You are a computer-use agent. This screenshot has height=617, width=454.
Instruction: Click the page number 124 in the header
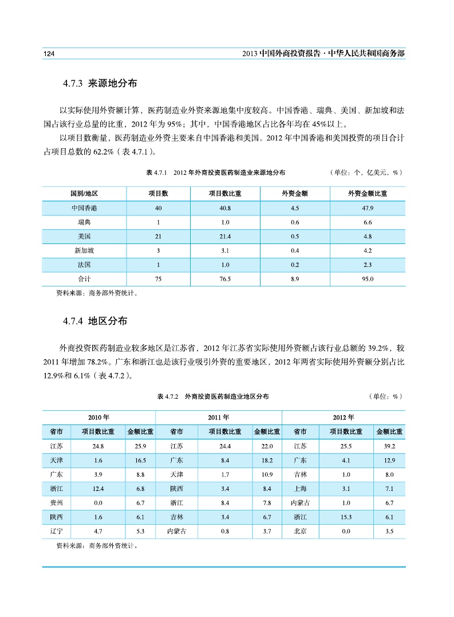coord(49,53)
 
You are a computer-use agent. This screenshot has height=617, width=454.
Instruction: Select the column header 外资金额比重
coord(368,193)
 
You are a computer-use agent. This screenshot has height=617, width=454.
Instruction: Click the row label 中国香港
coord(84,207)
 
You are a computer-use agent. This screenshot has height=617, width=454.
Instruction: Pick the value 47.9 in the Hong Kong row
coord(368,207)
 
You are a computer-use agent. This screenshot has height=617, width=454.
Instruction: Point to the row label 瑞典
coord(84,222)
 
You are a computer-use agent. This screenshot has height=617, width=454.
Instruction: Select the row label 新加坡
coord(84,250)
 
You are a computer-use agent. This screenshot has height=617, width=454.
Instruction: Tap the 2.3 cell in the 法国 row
coord(368,265)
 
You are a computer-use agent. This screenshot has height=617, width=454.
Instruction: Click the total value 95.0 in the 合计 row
coord(368,279)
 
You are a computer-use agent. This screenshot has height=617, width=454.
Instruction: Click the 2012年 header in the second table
coord(344,417)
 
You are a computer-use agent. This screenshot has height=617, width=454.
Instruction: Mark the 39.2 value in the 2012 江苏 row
coord(389,446)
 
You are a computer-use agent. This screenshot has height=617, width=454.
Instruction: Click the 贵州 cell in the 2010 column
coord(56,502)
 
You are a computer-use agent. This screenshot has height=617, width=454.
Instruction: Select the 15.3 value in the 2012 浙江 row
coord(345,517)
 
